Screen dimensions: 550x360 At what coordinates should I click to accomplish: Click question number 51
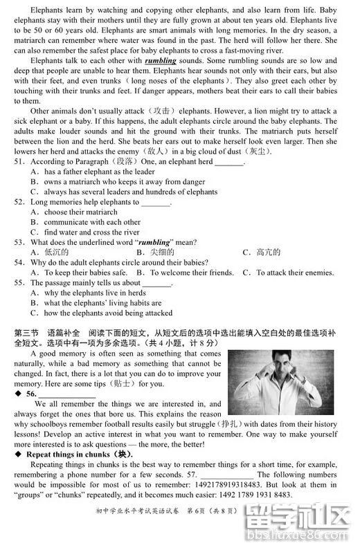[19, 162]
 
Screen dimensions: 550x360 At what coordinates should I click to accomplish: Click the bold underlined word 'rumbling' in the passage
[161, 60]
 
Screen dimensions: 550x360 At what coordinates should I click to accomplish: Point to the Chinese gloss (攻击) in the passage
[163, 111]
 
